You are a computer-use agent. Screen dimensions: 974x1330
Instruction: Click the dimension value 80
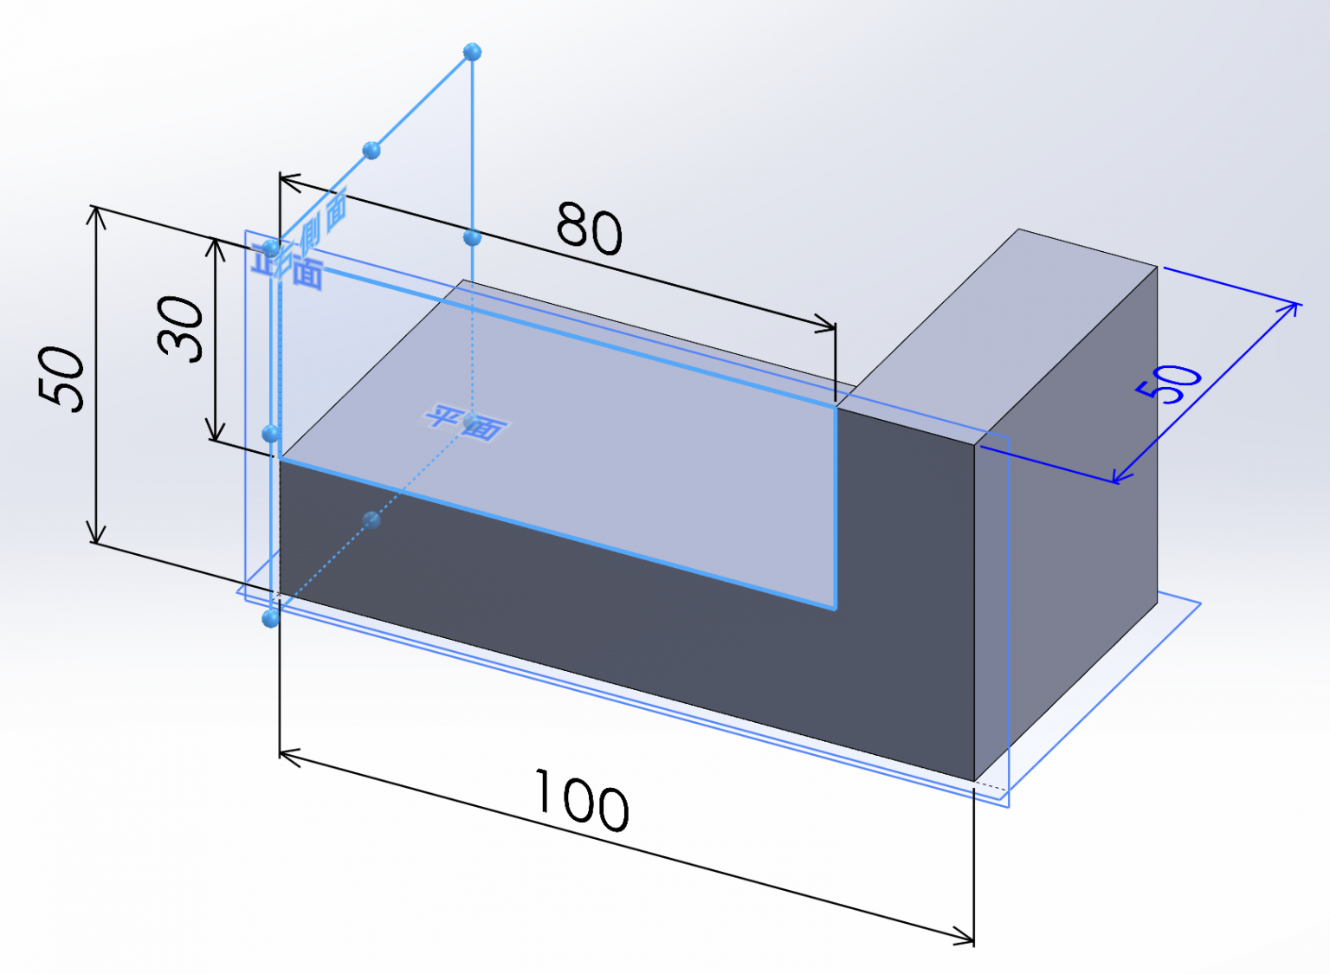(589, 229)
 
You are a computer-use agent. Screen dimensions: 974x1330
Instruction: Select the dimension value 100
(581, 801)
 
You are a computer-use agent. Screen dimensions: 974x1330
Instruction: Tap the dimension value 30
(181, 328)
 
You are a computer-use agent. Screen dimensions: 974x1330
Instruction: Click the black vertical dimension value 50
(62, 377)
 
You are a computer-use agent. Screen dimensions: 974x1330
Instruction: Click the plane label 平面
(465, 422)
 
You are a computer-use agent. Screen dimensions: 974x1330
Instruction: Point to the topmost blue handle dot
(472, 52)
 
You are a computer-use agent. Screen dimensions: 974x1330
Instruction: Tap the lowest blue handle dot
(271, 618)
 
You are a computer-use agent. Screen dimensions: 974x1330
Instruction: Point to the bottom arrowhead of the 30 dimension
(216, 435)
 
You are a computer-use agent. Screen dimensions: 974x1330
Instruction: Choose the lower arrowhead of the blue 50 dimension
(1118, 477)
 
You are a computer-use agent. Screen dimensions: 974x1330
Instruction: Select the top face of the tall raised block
(1004, 338)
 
